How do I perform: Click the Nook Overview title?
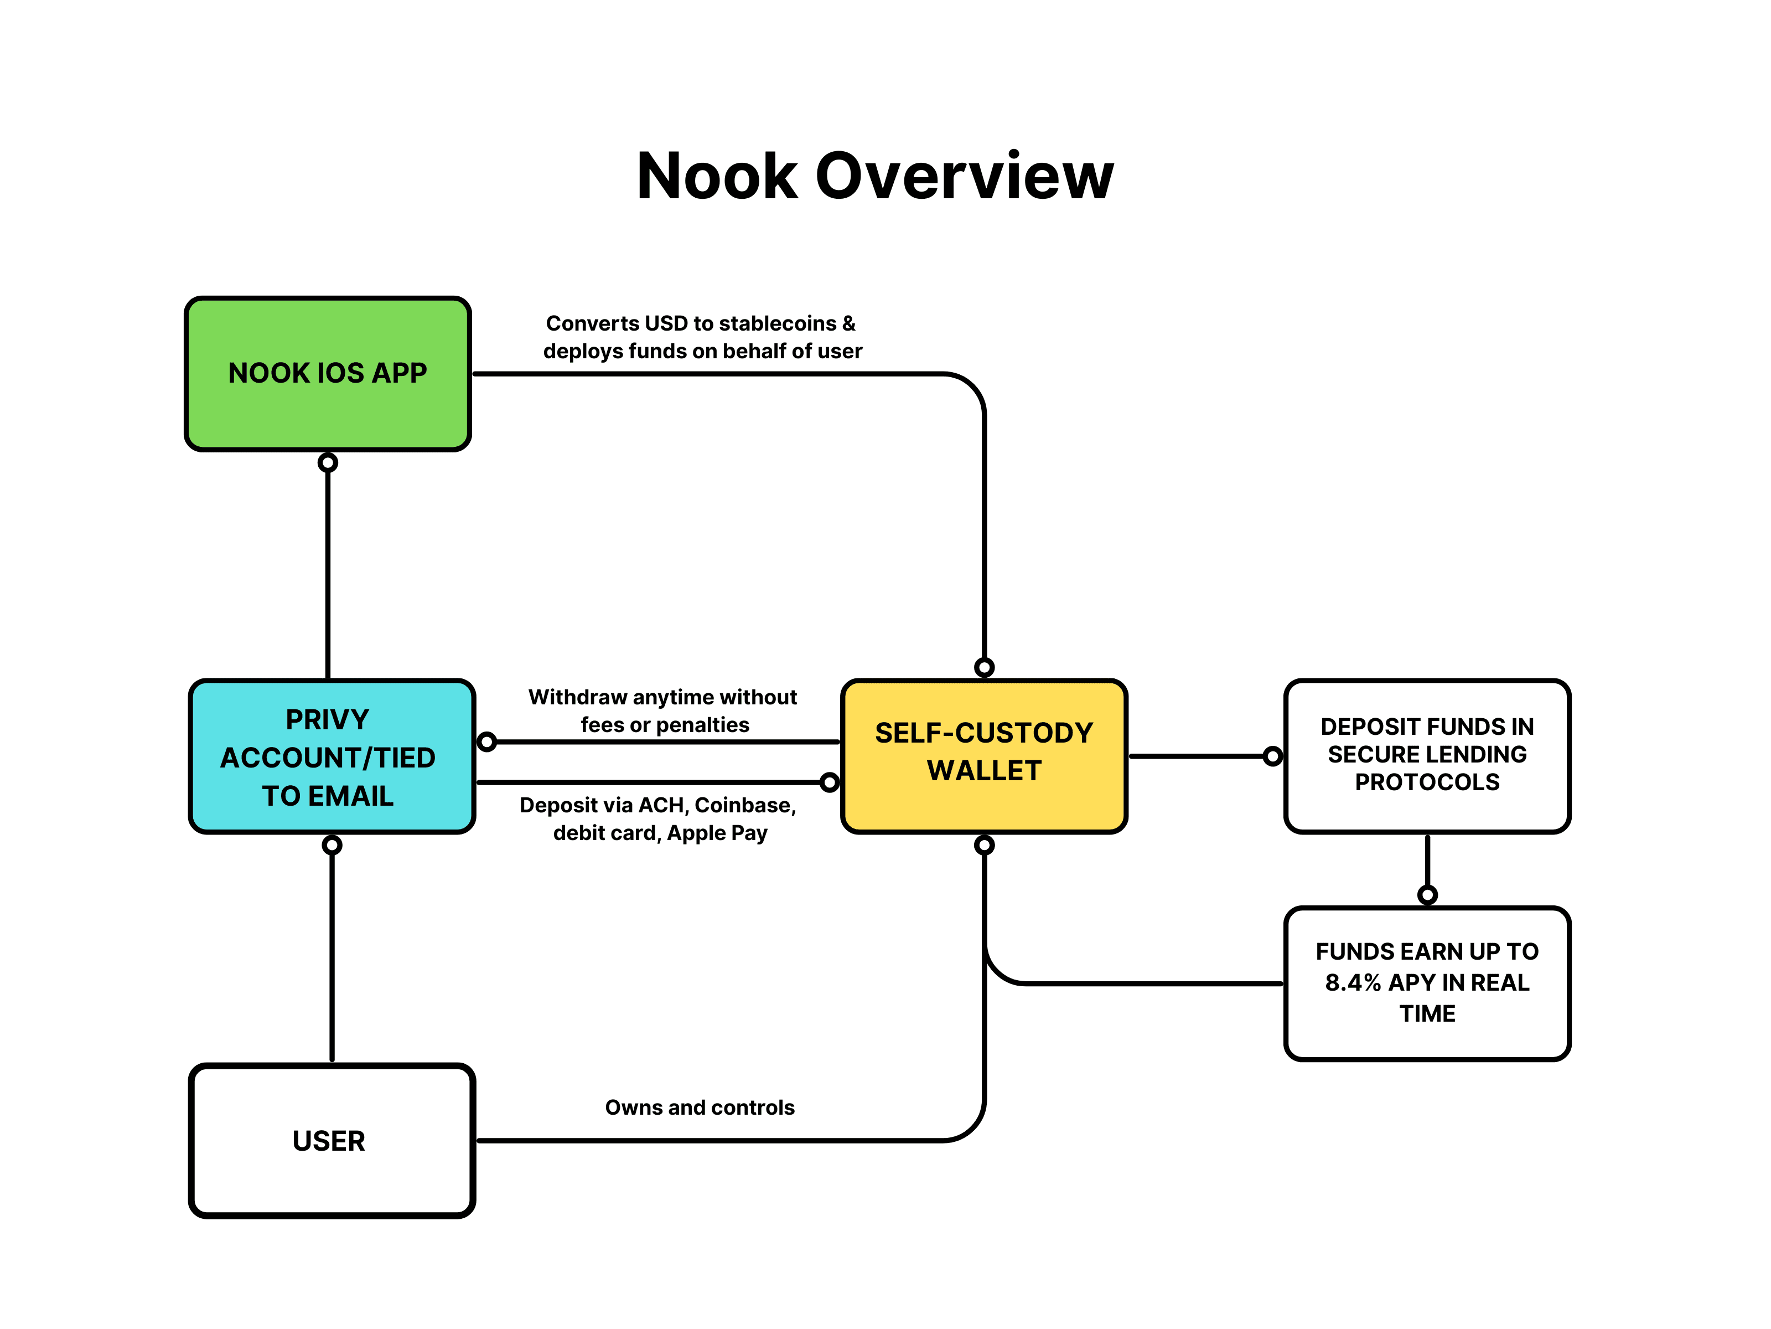point(875,176)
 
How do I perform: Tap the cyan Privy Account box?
point(332,757)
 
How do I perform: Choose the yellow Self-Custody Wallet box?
point(984,757)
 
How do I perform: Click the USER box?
point(332,1141)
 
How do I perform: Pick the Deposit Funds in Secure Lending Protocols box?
point(1427,757)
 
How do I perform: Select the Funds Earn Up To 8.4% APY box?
point(1427,983)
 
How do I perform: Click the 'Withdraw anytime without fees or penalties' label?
point(663,710)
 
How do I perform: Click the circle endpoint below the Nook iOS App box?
point(328,462)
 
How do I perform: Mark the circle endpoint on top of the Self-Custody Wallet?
point(984,667)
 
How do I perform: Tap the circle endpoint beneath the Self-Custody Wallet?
point(984,845)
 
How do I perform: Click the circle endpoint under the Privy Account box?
point(332,845)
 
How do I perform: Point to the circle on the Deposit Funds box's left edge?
point(1272,756)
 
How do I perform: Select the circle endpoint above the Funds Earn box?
point(1427,895)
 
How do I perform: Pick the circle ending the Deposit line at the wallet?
point(830,782)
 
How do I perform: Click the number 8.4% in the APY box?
point(1353,983)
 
